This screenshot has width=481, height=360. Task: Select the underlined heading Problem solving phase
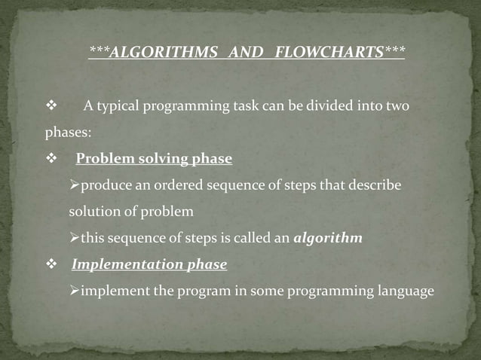(x=154, y=159)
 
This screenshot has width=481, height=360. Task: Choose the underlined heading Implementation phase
(x=149, y=265)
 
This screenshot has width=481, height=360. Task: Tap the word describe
(x=374, y=185)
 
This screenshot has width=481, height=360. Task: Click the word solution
(x=93, y=212)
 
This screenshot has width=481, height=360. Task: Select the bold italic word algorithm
(x=327, y=239)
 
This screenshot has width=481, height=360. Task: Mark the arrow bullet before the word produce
(x=74, y=185)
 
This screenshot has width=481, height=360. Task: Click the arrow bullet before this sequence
(x=74, y=239)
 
